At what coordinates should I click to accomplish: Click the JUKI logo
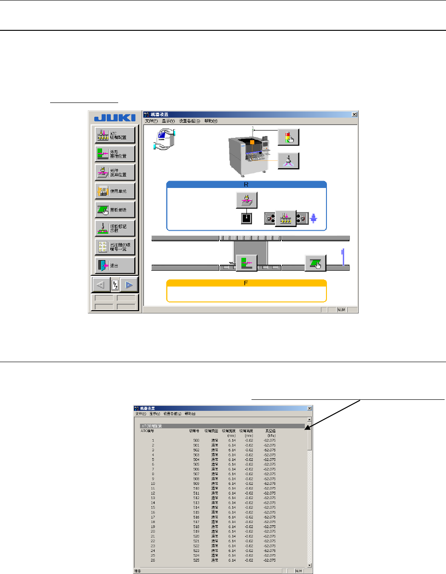pos(115,118)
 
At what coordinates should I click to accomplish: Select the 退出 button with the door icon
pos(115,266)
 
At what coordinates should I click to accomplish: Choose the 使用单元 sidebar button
pos(115,191)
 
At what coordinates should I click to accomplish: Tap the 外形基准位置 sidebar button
pos(115,154)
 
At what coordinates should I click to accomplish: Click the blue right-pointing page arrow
pos(129,285)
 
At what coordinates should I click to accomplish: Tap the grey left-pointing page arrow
pos(101,285)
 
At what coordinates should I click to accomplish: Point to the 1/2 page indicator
pos(115,285)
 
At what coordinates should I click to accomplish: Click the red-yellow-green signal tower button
pos(288,137)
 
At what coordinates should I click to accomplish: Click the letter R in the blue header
pos(246,184)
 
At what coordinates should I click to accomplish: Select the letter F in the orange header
pos(246,283)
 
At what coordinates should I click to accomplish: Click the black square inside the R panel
pos(246,218)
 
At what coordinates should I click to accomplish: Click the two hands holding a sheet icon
pos(165,140)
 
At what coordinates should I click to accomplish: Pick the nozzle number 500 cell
pos(196,441)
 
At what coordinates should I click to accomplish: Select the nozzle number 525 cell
pos(196,560)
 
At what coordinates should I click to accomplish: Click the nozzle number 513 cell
pos(196,503)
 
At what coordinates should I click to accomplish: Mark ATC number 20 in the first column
pos(153,532)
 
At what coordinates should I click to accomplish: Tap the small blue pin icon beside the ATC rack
pos(314,218)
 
